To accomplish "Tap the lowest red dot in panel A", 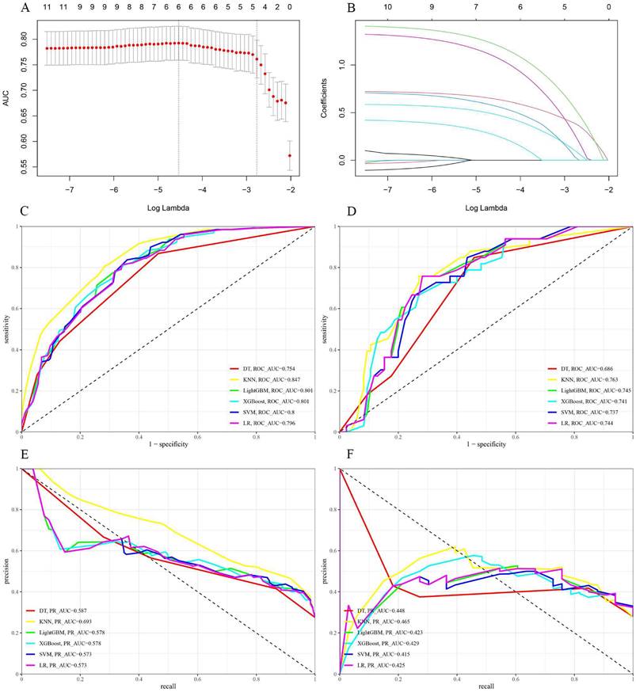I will [x=290, y=156].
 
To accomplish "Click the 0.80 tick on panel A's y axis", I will [x=29, y=38].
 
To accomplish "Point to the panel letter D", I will [x=329, y=214].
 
